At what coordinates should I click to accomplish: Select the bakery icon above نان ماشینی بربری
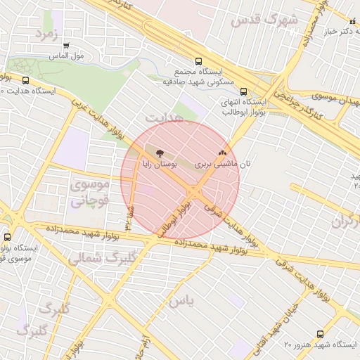(222, 152)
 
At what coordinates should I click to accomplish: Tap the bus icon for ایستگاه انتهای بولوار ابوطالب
(244, 91)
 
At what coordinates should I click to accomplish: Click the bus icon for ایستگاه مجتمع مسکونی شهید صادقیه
(198, 61)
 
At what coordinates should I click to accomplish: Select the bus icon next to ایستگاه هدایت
(26, 80)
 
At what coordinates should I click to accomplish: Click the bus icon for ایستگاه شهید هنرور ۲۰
(320, 334)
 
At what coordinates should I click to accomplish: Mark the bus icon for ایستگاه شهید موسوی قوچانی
(8, 238)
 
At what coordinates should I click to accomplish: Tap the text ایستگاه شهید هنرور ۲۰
(320, 345)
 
